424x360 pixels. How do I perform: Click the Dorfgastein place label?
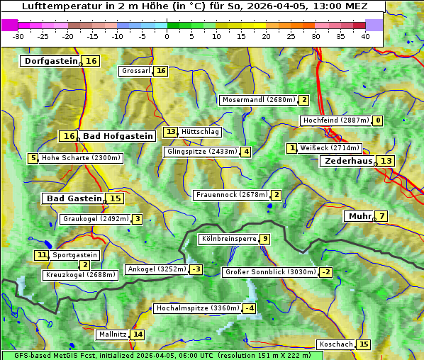point(50,61)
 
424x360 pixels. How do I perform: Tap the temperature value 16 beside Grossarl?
point(161,71)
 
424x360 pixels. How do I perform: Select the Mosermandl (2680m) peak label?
point(259,100)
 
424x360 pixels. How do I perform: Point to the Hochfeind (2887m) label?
point(335,120)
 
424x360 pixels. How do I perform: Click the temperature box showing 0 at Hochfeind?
point(378,120)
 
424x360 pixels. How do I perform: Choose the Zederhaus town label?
point(348,161)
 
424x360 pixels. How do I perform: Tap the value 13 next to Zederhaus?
point(386,161)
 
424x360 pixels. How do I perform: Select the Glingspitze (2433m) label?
point(202,152)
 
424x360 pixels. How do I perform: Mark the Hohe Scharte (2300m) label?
point(81,158)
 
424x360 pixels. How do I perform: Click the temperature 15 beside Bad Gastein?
point(115,198)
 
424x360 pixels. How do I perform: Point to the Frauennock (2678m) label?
point(231,195)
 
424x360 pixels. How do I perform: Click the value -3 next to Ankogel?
point(196,269)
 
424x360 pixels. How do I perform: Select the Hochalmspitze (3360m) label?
point(197,309)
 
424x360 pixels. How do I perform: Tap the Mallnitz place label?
point(112,334)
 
